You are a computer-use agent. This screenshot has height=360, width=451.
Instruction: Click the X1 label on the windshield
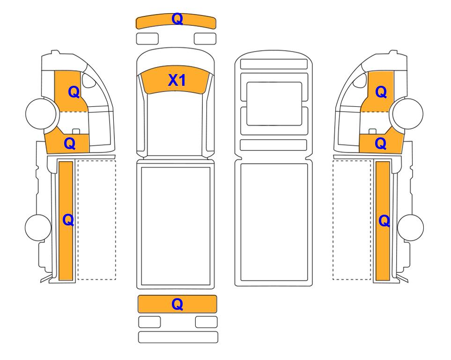click(x=177, y=80)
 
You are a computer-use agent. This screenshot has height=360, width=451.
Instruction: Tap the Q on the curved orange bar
click(x=177, y=19)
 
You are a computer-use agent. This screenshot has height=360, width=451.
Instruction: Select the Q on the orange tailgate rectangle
click(x=177, y=304)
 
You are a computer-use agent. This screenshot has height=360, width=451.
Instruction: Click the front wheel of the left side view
click(x=41, y=113)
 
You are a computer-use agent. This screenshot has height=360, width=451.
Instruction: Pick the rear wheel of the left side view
click(x=38, y=227)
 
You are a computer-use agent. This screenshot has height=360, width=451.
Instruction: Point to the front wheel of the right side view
click(x=408, y=113)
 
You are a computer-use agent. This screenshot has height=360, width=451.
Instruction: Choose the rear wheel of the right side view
click(x=410, y=227)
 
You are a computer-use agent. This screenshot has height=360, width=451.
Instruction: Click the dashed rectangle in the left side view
click(x=96, y=220)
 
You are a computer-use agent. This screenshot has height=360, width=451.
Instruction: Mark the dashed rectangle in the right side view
click(x=352, y=220)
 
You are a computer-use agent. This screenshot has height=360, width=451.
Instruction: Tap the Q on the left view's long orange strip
click(x=68, y=220)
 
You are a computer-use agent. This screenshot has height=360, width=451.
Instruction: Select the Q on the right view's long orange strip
click(x=384, y=221)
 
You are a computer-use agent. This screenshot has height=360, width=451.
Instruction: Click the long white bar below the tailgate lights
click(x=178, y=337)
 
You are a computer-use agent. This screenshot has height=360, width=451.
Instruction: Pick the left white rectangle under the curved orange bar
click(x=147, y=38)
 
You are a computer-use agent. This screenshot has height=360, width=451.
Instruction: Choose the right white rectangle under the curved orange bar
click(x=205, y=38)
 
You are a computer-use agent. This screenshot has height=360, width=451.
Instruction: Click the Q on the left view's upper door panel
click(x=74, y=92)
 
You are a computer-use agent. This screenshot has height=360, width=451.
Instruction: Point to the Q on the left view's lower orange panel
click(x=70, y=143)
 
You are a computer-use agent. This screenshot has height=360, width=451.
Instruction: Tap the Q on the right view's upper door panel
click(x=381, y=92)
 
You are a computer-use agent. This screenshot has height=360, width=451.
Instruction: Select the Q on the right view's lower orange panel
click(x=381, y=143)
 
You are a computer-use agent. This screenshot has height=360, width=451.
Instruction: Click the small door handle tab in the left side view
click(x=76, y=132)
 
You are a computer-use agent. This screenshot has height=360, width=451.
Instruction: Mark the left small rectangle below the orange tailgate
click(x=149, y=322)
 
